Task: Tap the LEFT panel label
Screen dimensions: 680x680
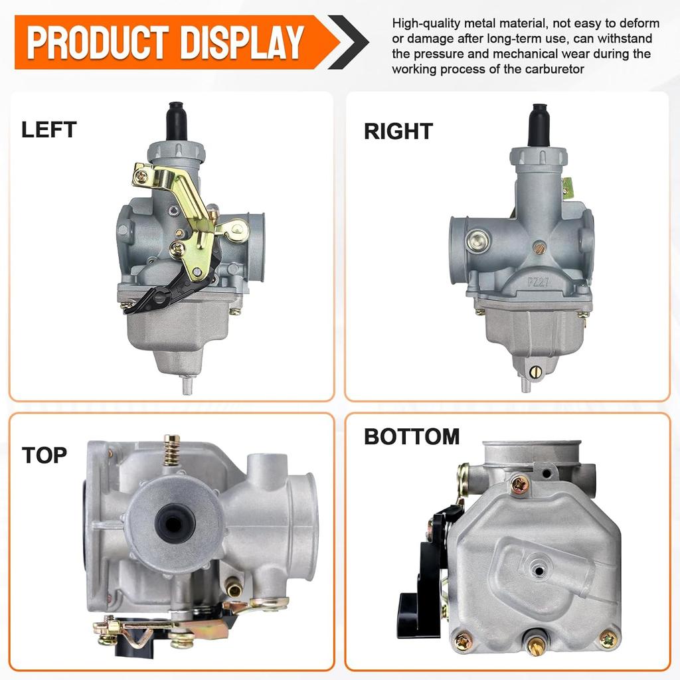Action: (49, 129)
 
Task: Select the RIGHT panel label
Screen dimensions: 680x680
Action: (398, 131)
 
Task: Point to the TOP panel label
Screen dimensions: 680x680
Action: (44, 456)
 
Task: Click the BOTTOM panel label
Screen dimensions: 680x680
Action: (412, 437)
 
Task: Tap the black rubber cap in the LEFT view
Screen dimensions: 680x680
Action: (177, 120)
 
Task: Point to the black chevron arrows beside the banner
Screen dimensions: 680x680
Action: (349, 42)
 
